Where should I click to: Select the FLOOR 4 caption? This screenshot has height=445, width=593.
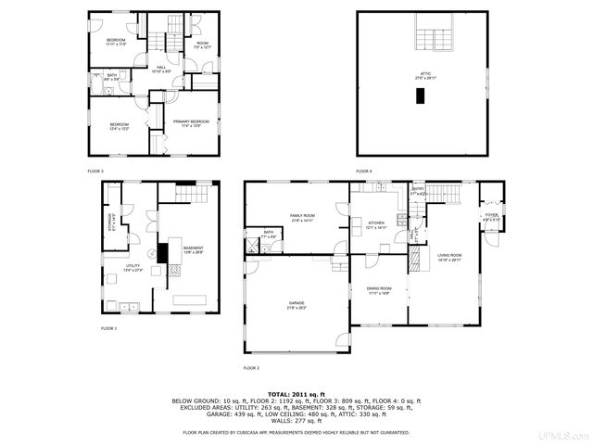365,172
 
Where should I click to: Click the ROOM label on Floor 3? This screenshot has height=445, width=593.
202,44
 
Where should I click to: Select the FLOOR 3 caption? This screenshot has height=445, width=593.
95,172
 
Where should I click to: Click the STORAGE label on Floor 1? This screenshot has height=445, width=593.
110,220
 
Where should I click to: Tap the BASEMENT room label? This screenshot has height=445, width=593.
193,249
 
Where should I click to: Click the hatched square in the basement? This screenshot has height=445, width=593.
173,269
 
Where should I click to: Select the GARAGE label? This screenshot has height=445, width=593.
296,304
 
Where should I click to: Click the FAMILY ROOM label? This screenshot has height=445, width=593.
302,218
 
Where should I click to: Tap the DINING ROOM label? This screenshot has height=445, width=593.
378,290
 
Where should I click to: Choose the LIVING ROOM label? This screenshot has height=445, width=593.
450,257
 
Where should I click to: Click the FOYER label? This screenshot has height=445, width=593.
491,217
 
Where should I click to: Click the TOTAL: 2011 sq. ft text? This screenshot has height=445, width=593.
296,394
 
